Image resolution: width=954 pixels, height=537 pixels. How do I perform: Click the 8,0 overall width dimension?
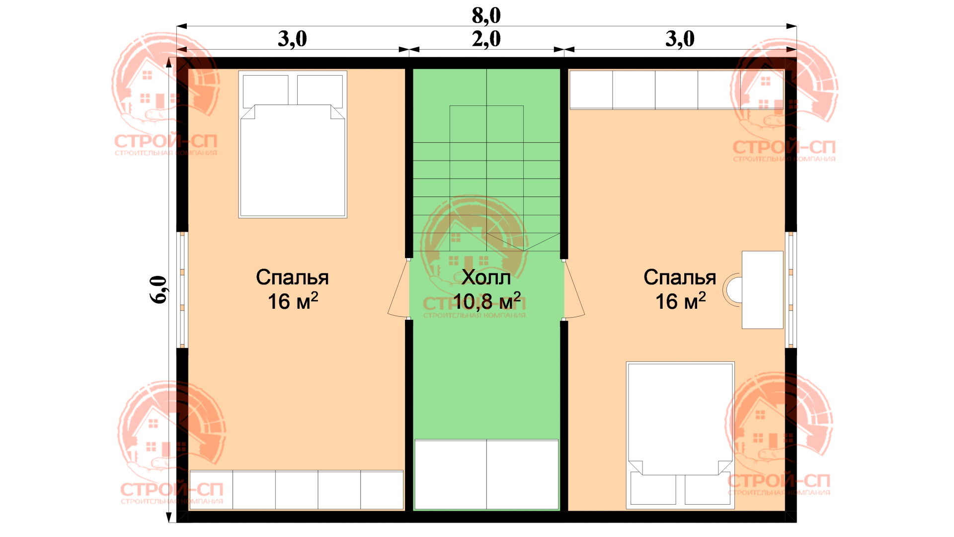tap(486, 16)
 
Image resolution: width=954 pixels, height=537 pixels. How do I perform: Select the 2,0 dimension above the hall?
tap(486, 39)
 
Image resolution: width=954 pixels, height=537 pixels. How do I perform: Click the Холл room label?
tap(486, 277)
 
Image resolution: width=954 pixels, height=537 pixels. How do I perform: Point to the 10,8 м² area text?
tap(487, 301)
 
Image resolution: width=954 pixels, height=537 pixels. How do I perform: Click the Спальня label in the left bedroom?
tap(292, 277)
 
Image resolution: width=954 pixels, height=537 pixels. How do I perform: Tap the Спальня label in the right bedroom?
tap(680, 277)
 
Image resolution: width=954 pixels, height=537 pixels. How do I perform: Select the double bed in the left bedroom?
tap(293, 144)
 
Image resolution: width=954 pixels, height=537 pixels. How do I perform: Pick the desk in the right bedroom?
tap(763, 289)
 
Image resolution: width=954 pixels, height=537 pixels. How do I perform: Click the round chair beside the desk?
tap(732, 290)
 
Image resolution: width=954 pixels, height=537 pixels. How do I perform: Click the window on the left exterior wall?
tap(182, 289)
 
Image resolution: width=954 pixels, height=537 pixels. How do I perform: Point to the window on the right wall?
tap(791, 289)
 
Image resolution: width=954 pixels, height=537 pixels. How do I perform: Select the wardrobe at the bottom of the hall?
tap(486, 475)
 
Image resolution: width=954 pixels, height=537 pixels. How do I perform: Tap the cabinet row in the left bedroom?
tap(297, 490)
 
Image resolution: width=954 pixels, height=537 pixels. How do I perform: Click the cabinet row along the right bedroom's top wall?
tap(677, 90)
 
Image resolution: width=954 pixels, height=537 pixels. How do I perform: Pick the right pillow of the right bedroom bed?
tap(708, 490)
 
